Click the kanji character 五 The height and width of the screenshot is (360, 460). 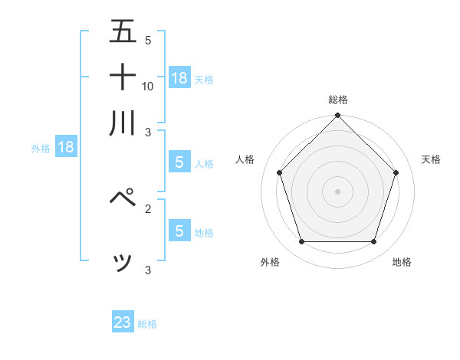[123, 32]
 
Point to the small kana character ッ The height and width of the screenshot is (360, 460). [123, 263]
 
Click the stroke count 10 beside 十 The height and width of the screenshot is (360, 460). [148, 86]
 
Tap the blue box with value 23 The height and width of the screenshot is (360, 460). [123, 322]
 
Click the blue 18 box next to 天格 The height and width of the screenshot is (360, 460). [179, 77]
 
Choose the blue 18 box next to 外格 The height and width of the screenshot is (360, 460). [66, 147]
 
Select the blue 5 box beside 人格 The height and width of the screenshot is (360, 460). [179, 162]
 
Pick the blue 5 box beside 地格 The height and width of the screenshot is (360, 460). [179, 231]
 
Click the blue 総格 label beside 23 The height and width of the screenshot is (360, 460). [147, 324]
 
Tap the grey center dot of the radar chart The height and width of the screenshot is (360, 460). [337, 191]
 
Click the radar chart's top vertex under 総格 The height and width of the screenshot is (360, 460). [337, 116]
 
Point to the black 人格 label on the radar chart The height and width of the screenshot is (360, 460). [245, 159]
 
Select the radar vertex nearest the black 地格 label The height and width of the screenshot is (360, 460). [373, 241]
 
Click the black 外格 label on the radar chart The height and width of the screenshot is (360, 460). [270, 262]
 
